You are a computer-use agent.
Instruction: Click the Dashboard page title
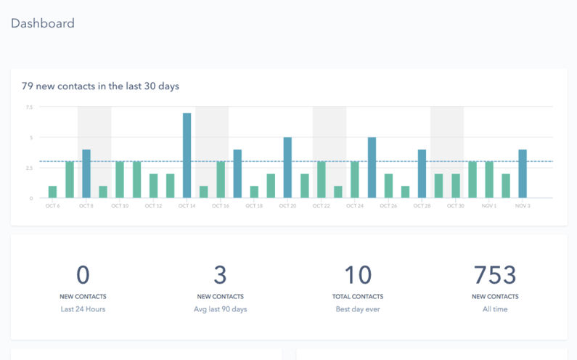point(42,23)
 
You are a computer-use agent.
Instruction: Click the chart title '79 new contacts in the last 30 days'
point(100,86)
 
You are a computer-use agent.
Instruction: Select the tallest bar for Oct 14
point(187,155)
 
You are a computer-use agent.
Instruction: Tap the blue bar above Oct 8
point(86,173)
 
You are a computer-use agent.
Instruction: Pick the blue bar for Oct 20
point(287,168)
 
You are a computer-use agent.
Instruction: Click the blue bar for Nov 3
point(522,173)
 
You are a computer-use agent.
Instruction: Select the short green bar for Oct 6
point(52,192)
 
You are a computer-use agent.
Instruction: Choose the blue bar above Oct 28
point(422,173)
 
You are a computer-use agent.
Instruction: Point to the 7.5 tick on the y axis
point(29,107)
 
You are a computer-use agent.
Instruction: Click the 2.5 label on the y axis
point(29,168)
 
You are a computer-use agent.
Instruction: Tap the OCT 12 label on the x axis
point(153,206)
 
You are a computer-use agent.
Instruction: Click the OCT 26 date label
point(388,206)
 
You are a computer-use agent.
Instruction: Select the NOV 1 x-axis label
point(488,206)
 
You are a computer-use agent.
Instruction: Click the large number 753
point(494,275)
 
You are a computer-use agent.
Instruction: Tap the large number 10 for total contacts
point(357,275)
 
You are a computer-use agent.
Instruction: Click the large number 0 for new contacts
point(83,275)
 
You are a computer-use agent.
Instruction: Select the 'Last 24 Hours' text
point(83,309)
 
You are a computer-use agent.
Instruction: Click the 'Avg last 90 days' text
point(220,309)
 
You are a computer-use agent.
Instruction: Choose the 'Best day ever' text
point(357,309)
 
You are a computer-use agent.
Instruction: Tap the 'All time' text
point(494,309)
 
